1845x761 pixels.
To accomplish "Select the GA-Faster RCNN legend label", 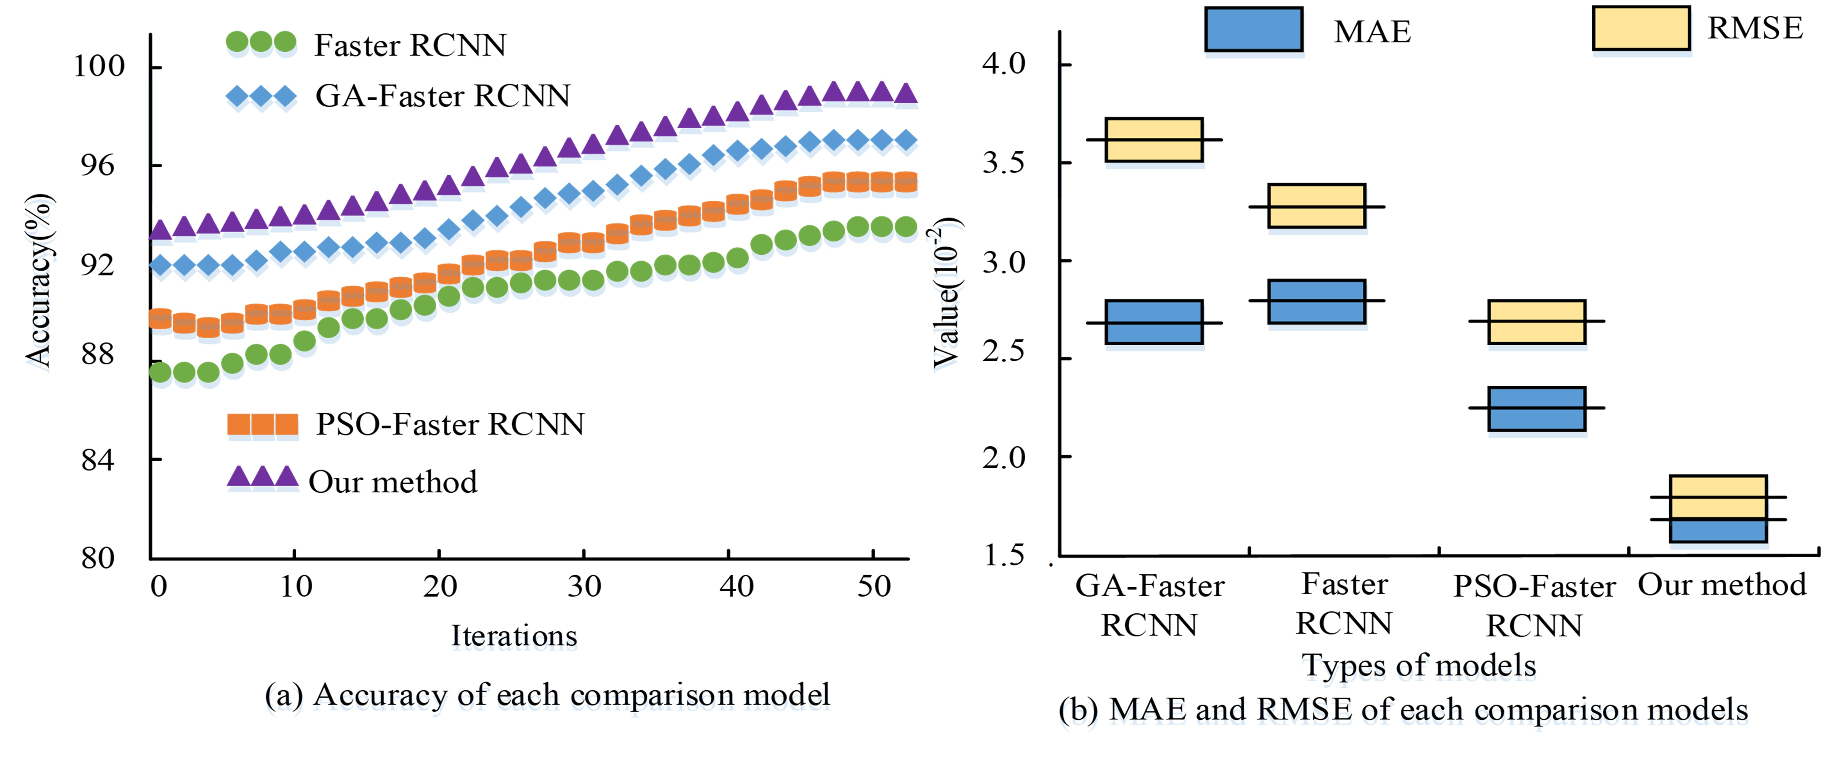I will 442,96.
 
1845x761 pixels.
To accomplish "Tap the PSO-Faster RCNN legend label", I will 450,425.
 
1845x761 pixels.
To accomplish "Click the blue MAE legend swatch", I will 1253,29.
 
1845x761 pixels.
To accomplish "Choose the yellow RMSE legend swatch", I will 1641,29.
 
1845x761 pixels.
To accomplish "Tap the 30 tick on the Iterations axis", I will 584,586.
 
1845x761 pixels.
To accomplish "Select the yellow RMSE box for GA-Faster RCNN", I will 1154,140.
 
